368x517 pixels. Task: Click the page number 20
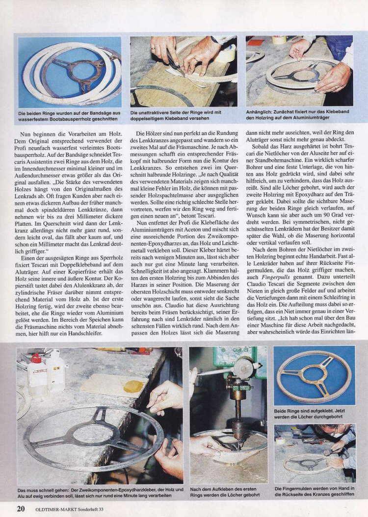[x=21, y=509]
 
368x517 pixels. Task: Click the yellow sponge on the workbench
[x=133, y=386]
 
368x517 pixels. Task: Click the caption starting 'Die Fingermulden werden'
[x=314, y=492]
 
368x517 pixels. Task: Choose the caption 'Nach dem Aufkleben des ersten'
[x=228, y=492]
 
